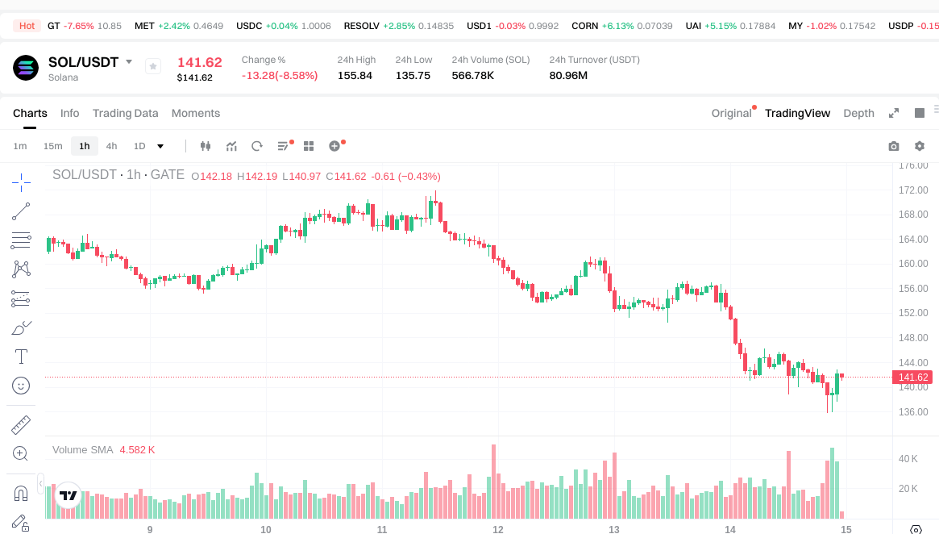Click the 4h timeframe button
[x=111, y=146]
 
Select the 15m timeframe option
[x=52, y=146]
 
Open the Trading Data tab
[x=125, y=113]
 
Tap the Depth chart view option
[x=858, y=113]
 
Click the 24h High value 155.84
[x=355, y=75]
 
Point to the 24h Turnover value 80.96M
[x=568, y=75]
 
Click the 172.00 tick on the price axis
[x=914, y=190]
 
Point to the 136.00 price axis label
[x=914, y=411]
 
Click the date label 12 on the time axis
[x=498, y=529]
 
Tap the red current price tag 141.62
[x=913, y=377]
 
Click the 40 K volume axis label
[x=908, y=459]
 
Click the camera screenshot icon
[x=893, y=146]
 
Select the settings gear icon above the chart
[x=919, y=146]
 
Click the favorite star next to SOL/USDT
[x=153, y=66]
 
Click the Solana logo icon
[x=26, y=68]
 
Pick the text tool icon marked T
[x=21, y=356]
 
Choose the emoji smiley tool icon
[x=21, y=386]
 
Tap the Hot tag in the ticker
[x=27, y=26]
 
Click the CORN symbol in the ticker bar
[x=584, y=26]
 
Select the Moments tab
[x=196, y=113]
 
